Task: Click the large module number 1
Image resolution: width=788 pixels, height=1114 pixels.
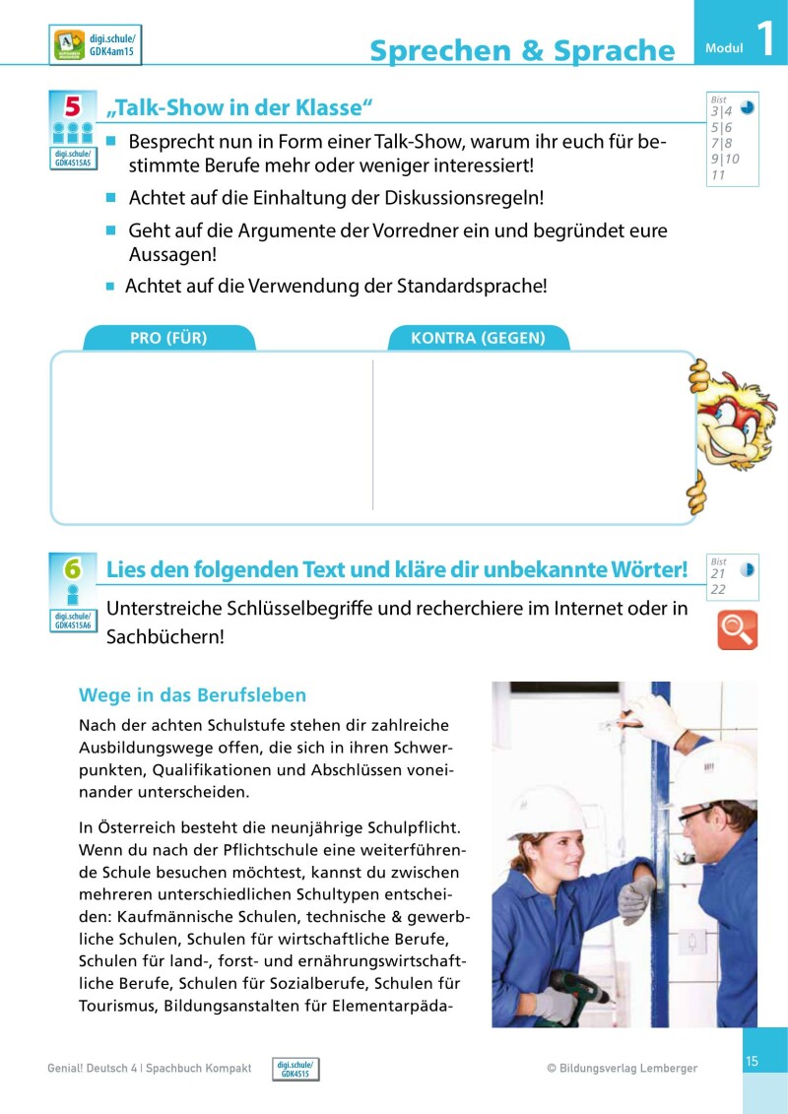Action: pyautogui.click(x=763, y=38)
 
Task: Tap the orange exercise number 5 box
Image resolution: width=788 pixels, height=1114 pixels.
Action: pyautogui.click(x=72, y=105)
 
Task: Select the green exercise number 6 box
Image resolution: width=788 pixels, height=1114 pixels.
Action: pyautogui.click(x=72, y=568)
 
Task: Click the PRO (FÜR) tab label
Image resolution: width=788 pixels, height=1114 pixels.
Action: pyautogui.click(x=168, y=338)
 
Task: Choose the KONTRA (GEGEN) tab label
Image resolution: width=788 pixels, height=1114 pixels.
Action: pyautogui.click(x=478, y=338)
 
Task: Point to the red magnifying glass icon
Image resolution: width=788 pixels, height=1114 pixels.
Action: pyautogui.click(x=737, y=630)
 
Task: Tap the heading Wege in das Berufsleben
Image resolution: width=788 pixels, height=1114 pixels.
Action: pyautogui.click(x=192, y=695)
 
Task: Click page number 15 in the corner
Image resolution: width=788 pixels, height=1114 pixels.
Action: pyautogui.click(x=752, y=1061)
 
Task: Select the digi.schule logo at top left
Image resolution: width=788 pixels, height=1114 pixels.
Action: pyautogui.click(x=95, y=44)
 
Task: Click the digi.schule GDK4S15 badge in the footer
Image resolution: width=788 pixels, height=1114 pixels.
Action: pyautogui.click(x=295, y=1069)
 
